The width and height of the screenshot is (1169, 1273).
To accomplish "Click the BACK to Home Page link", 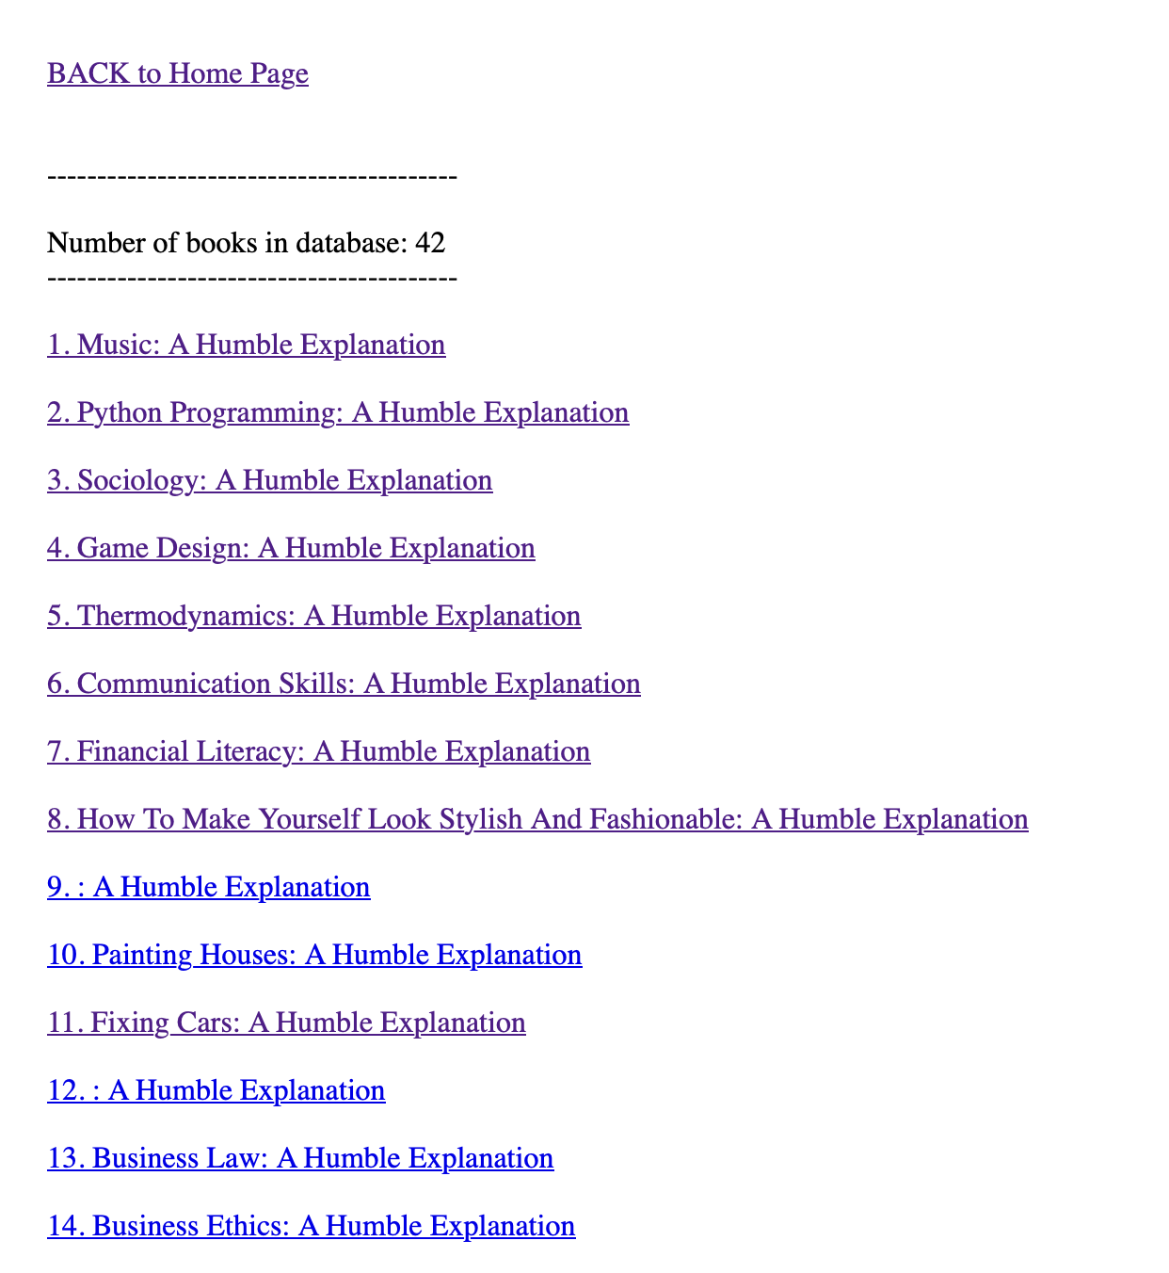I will click(x=178, y=73).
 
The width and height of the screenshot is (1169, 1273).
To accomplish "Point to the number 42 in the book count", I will click(x=430, y=243).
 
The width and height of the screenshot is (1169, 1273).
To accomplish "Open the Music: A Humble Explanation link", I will click(x=246, y=345).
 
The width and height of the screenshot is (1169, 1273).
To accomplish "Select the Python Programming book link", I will click(x=338, y=412).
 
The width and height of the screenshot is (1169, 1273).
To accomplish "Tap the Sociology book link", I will click(x=269, y=480).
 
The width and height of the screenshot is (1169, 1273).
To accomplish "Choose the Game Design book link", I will click(x=291, y=548).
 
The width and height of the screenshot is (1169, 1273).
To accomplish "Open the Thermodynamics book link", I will click(x=313, y=616).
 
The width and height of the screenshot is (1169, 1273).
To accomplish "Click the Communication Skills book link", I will click(x=344, y=684).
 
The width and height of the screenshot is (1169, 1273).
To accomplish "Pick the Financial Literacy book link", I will click(x=318, y=751).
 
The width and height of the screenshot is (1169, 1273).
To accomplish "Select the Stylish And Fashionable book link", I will click(x=537, y=819).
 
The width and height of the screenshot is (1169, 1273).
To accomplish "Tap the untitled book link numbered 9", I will click(x=208, y=887).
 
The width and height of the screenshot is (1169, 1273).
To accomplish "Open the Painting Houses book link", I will click(x=314, y=955).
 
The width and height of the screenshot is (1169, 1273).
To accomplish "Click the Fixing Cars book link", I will click(x=286, y=1023).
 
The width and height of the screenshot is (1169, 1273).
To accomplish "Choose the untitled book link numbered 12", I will click(x=216, y=1090).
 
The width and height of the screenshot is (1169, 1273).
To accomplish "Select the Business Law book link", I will click(x=300, y=1158).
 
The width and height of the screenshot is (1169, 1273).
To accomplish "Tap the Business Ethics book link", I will click(x=311, y=1226).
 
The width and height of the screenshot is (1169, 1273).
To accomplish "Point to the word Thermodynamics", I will click(x=186, y=616).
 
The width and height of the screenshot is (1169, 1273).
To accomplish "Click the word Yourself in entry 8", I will click(x=308, y=819).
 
